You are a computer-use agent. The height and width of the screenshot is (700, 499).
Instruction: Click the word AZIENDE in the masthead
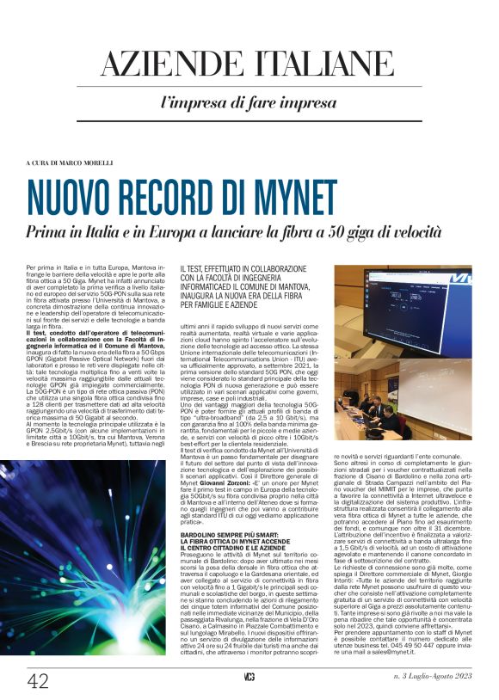tap(173, 65)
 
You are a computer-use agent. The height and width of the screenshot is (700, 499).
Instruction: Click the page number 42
tap(38, 681)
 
